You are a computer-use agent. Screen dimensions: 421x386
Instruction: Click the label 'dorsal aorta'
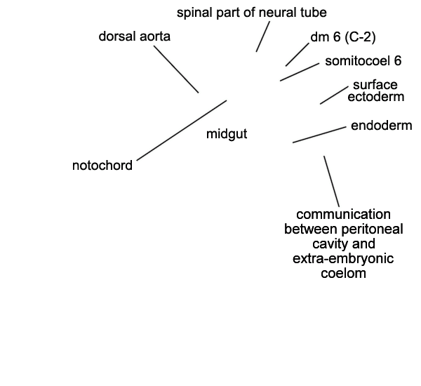135,36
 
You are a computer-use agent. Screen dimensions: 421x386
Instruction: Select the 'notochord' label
102,166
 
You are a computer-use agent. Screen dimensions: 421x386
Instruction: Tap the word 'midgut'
227,134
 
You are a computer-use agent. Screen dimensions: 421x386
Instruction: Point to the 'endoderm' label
382,126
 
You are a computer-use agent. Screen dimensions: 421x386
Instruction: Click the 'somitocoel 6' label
363,61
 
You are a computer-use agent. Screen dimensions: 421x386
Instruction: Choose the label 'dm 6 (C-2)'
343,37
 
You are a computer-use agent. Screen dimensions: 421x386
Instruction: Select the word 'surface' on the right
375,85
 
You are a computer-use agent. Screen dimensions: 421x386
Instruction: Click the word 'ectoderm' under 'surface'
376,97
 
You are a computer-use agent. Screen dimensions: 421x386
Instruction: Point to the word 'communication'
343,215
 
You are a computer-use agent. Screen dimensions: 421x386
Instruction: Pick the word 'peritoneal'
372,229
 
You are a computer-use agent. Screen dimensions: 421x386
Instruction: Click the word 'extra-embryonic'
343,259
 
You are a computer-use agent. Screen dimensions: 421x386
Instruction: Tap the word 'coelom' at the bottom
343,274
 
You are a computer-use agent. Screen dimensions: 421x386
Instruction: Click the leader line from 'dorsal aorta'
176,69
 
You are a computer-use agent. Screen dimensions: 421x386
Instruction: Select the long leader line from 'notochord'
182,131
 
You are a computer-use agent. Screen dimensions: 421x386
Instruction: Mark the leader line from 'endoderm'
319,135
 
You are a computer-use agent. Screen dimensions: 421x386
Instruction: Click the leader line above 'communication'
332,181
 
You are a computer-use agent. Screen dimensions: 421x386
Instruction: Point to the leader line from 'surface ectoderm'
334,95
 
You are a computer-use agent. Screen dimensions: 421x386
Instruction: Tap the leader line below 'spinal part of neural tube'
263,36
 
